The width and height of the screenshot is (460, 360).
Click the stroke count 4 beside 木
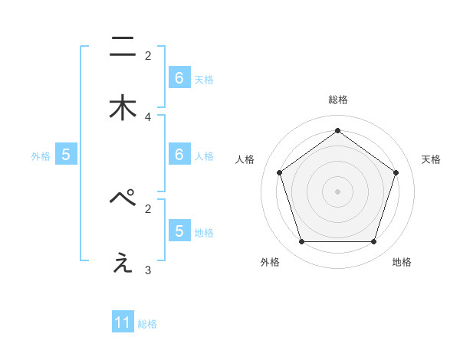click(x=148, y=117)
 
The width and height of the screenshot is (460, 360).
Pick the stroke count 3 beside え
click(x=148, y=270)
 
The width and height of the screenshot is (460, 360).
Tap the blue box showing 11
click(x=123, y=323)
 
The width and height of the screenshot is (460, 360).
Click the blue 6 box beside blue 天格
click(x=179, y=78)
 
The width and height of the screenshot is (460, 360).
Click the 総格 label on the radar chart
click(x=337, y=100)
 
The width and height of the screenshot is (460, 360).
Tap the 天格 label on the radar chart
click(x=432, y=159)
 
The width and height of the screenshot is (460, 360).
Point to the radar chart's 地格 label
click(x=402, y=262)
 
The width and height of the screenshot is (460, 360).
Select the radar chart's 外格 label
click(x=271, y=262)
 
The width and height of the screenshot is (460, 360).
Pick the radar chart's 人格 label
click(x=245, y=159)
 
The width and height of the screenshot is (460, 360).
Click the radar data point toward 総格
click(x=337, y=130)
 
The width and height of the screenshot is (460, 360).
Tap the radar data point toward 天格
click(x=396, y=172)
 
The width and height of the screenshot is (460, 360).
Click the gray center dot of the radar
click(x=337, y=191)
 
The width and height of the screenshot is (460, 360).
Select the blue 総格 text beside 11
click(x=147, y=324)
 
